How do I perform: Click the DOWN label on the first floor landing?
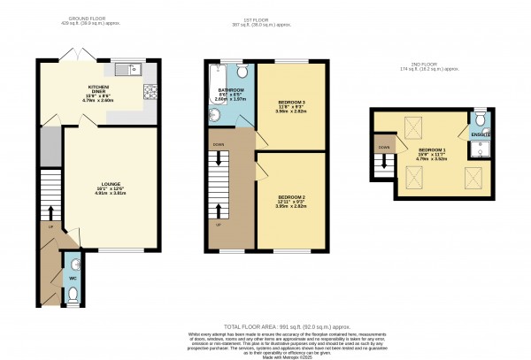[217, 142]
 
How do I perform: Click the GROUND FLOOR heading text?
[93, 17]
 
